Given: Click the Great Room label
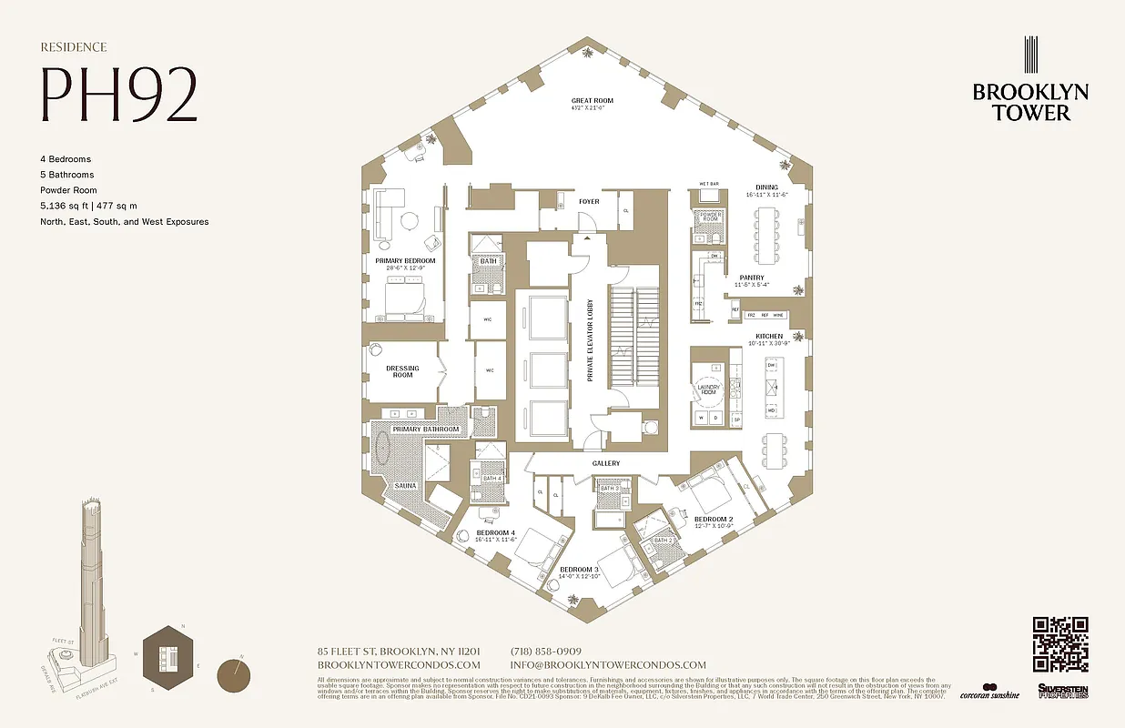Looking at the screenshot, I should pos(592,101).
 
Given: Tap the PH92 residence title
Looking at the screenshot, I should pos(117,95).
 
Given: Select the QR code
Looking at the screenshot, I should pos(1060,644).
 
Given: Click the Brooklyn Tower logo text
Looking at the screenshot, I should pos(1029,102).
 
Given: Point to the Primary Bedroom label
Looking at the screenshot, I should pos(405,260).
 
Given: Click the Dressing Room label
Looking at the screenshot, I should pos(402,371).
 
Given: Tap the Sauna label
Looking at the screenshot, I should pos(405,485).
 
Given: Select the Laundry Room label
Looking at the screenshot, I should pos(708,389).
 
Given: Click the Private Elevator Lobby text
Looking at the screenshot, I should pos(590,340).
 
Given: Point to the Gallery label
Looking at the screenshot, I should pos(606,463).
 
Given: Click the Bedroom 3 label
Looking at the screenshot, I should pos(580,571).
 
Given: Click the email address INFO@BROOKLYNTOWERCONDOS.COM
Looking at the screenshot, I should pos(608,665).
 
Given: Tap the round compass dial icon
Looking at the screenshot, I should pos(236,676).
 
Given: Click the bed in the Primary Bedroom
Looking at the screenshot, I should pos(406,300).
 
